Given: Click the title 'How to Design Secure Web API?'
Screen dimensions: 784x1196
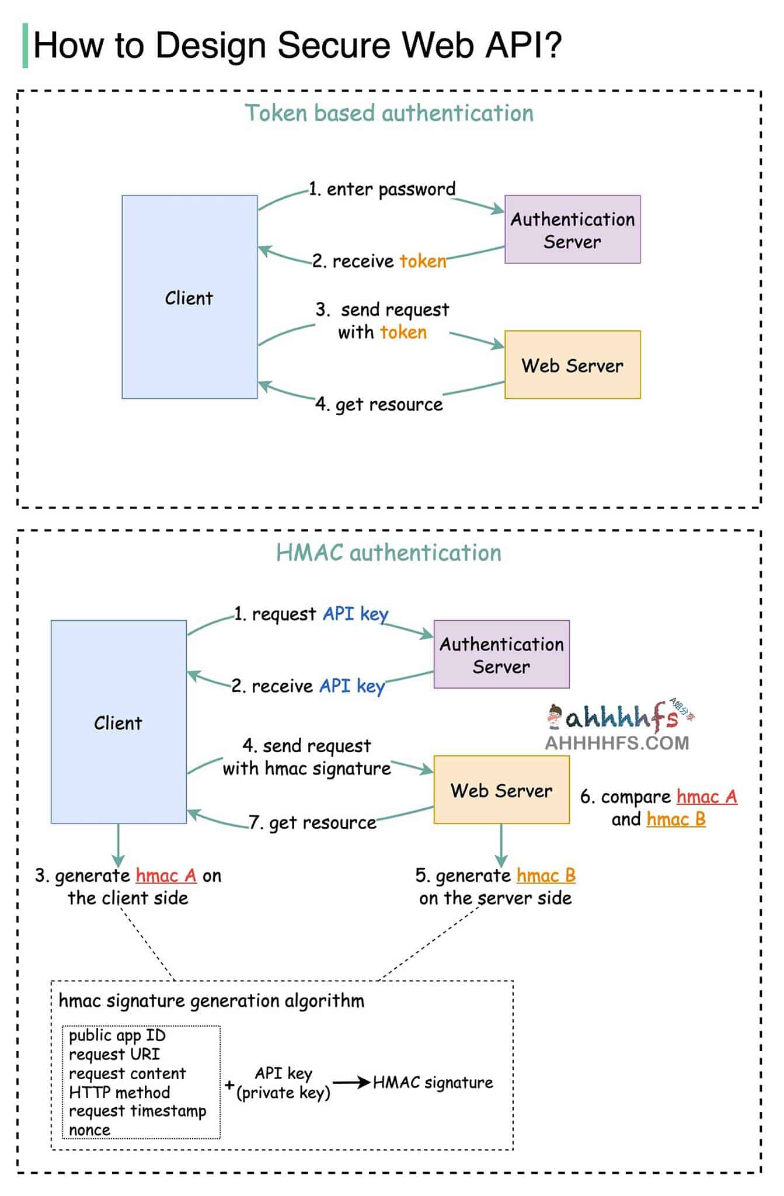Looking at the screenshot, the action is (297, 45).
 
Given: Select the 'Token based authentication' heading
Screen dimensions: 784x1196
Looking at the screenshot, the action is (389, 113).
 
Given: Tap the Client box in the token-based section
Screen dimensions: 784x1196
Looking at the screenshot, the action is (190, 297).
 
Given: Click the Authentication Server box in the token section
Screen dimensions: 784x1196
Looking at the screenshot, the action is (572, 230).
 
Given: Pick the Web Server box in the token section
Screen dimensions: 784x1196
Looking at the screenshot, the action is (572, 365).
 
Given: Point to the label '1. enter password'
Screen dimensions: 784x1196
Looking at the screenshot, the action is (382, 189).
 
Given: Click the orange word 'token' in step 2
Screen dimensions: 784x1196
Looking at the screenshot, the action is (423, 261).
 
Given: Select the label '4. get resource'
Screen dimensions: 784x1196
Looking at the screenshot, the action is (379, 404).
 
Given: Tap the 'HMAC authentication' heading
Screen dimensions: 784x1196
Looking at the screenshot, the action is (389, 552).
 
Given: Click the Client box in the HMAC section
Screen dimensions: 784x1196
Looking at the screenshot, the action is (119, 722).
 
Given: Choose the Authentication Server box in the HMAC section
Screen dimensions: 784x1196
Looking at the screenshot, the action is (501, 654).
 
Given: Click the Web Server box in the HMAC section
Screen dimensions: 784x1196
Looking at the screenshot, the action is (501, 790).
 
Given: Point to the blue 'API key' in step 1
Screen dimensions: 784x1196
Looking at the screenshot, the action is (356, 614).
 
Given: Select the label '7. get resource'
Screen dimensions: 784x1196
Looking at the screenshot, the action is (313, 822).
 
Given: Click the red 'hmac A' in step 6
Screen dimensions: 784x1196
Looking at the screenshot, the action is (707, 797).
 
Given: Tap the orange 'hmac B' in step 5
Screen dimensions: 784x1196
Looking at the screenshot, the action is (546, 875).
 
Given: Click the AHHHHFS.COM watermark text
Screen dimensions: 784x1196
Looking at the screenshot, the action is (617, 743).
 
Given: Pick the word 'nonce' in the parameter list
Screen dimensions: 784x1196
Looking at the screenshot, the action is (89, 1130).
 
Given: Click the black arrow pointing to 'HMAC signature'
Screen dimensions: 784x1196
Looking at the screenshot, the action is (351, 1083).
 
